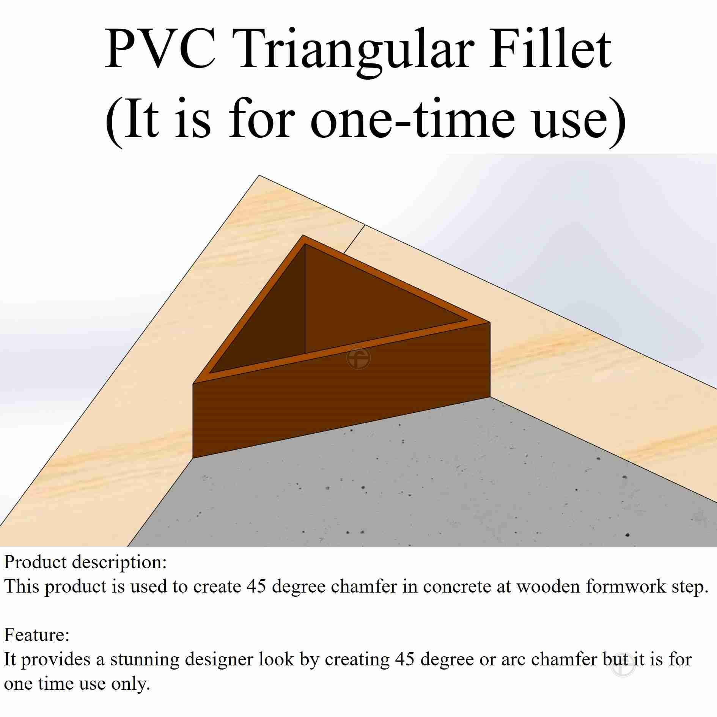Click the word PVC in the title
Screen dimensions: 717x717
tap(160, 49)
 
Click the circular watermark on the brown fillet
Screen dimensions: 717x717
tap(358, 358)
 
